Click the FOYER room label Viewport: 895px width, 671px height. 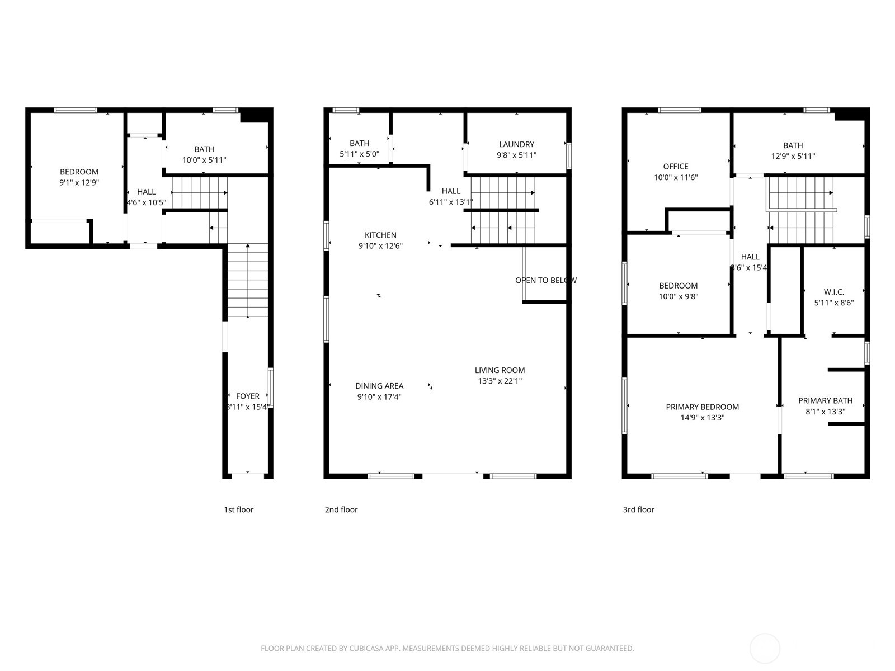pyautogui.click(x=248, y=396)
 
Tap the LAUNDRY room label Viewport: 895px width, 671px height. pyautogui.click(x=516, y=144)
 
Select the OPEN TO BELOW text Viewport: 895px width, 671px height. pyautogui.click(x=545, y=280)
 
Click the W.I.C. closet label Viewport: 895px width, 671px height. pyautogui.click(x=833, y=292)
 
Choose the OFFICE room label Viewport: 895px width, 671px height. pyautogui.click(x=675, y=167)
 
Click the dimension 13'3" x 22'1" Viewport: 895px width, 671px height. pyautogui.click(x=500, y=381)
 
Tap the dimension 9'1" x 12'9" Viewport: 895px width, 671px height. pyautogui.click(x=79, y=182)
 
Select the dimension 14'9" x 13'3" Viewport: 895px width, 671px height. pyautogui.click(x=702, y=417)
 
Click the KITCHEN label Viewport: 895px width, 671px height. pyautogui.click(x=380, y=235)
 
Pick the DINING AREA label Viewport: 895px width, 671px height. pyautogui.click(x=379, y=386)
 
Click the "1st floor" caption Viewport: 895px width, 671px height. pyautogui.click(x=238, y=509)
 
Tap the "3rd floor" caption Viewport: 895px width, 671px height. pyautogui.click(x=638, y=509)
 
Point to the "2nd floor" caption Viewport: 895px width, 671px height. pyautogui.click(x=341, y=509)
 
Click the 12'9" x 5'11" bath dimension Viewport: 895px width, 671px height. pyautogui.click(x=793, y=156)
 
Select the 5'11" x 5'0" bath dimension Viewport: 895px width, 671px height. pyautogui.click(x=359, y=154)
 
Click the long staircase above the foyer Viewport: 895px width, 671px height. pyautogui.click(x=247, y=280)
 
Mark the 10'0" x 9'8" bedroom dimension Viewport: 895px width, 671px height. pyautogui.click(x=678, y=296)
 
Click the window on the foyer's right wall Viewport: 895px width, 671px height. pyautogui.click(x=271, y=387)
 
